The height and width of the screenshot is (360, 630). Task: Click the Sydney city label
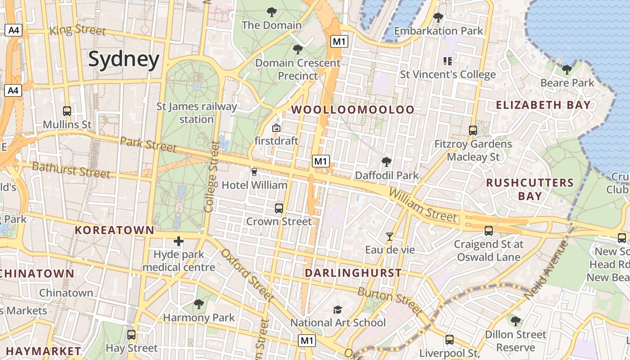124,59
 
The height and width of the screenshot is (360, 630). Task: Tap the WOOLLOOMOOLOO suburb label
353,110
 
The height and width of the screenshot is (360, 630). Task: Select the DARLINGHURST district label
353,273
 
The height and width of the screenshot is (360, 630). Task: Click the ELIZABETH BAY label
543,105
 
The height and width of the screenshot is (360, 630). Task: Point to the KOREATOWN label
114,230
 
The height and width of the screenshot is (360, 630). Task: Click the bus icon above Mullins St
67,111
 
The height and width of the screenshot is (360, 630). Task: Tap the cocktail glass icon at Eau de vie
390,236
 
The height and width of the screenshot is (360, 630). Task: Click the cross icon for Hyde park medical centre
179,241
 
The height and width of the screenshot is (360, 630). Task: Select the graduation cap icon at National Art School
337,310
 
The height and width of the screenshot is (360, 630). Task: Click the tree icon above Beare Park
567,70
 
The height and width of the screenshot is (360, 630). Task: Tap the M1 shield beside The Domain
339,42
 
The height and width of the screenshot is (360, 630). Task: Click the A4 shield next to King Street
14,30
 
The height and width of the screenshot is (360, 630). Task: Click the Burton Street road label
390,301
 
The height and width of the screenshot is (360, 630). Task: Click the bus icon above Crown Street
279,208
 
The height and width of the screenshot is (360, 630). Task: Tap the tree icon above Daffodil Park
386,162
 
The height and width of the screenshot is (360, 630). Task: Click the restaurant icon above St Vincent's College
447,61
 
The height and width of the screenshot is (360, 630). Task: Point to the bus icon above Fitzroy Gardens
473,130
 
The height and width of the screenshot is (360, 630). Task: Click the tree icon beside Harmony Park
198,304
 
